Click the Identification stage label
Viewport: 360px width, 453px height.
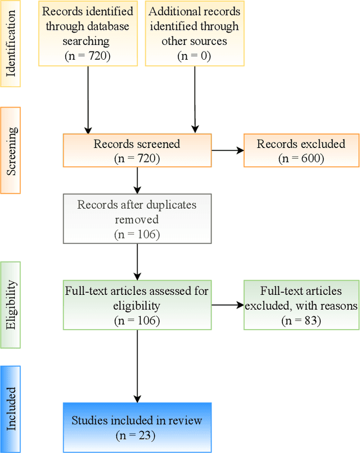point(11,43)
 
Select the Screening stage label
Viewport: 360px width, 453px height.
point(11,150)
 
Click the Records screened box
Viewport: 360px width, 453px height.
point(137,151)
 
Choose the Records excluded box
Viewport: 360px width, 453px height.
point(301,151)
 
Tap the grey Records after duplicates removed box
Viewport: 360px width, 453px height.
point(137,219)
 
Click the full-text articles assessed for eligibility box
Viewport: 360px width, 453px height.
point(137,306)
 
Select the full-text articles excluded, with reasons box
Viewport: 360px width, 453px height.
point(301,306)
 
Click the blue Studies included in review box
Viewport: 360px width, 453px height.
point(137,427)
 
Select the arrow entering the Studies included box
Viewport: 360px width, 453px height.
point(137,366)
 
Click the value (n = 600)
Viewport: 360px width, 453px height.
point(301,158)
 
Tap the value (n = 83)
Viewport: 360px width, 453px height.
point(301,320)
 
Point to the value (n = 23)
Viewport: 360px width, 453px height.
point(137,434)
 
